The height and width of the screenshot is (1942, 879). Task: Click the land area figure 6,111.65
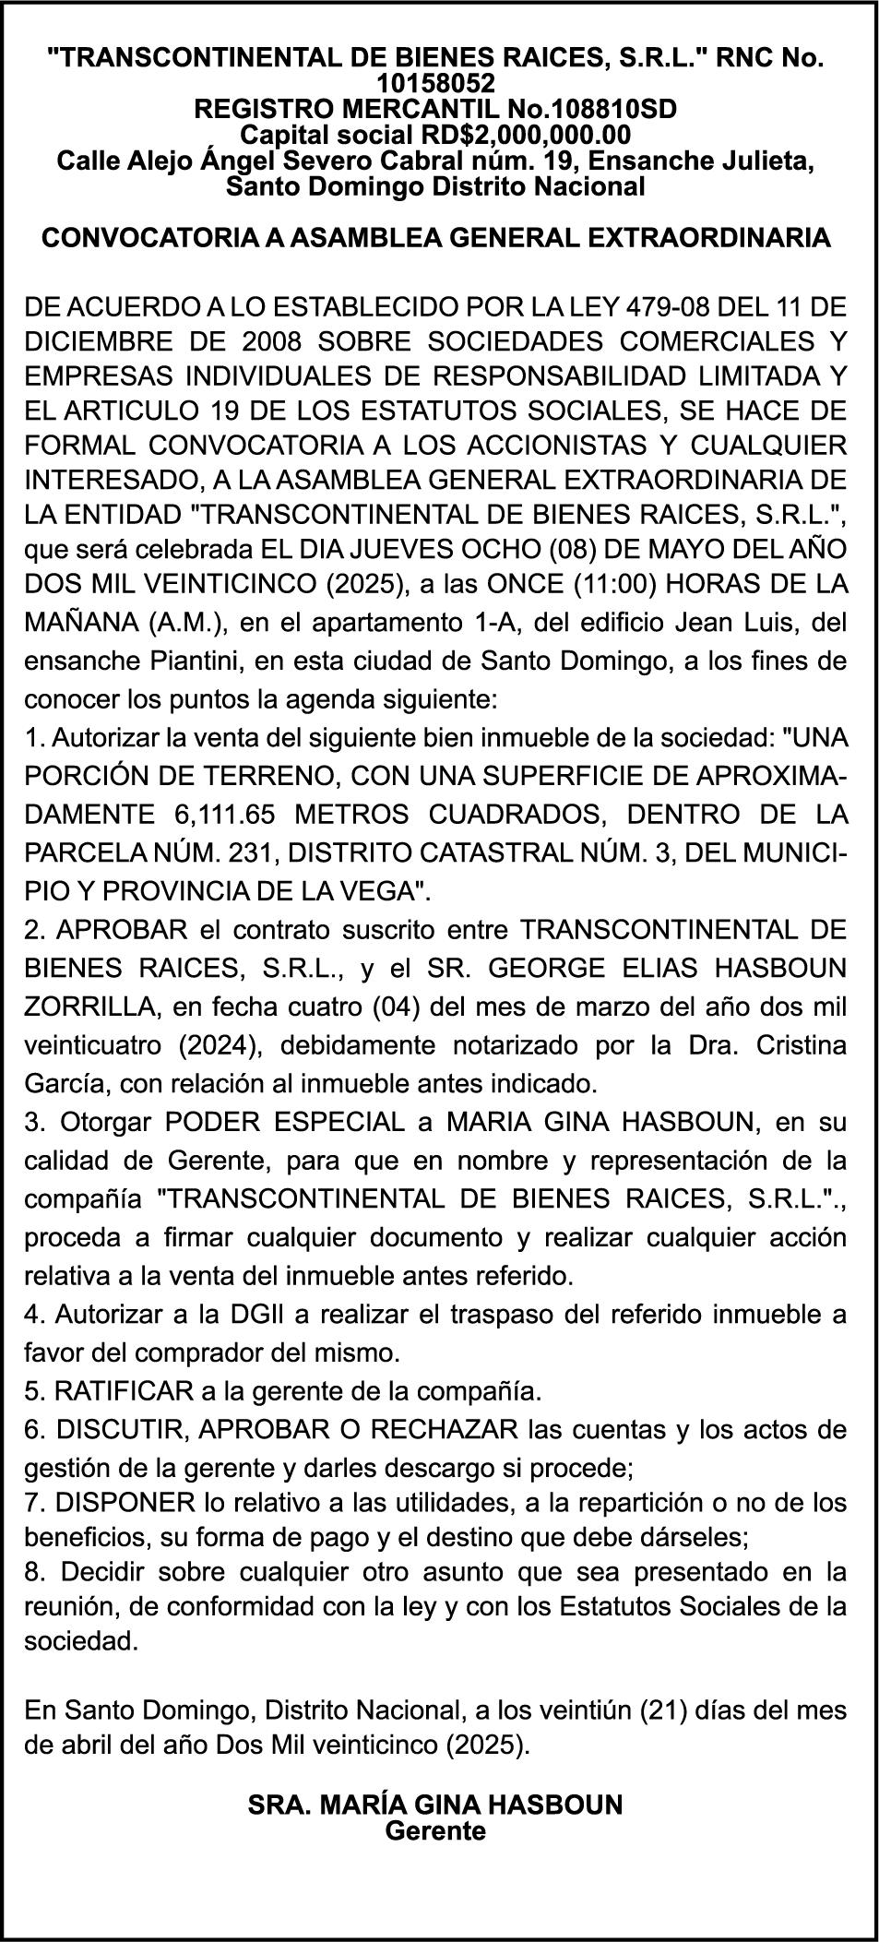pos(220,816)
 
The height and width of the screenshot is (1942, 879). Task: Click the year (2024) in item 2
pos(219,1045)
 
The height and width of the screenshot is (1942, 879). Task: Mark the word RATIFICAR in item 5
pos(125,1390)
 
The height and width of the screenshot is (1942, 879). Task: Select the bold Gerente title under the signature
pos(435,1831)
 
